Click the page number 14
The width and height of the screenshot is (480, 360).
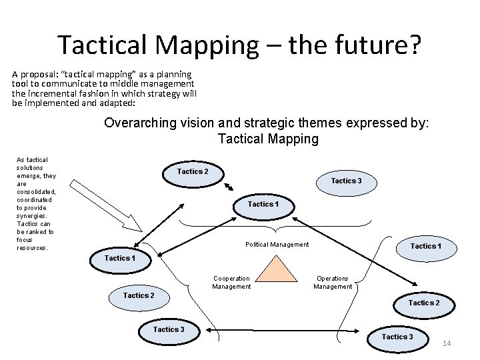(x=447, y=343)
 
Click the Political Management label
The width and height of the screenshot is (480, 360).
(x=277, y=245)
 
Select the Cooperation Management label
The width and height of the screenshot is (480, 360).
(x=231, y=283)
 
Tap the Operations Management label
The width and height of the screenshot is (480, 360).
(x=333, y=283)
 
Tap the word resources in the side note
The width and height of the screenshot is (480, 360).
(x=32, y=248)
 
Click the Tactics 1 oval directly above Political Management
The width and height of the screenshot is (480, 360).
(x=261, y=204)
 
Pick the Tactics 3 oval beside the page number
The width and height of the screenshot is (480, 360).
(x=397, y=337)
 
